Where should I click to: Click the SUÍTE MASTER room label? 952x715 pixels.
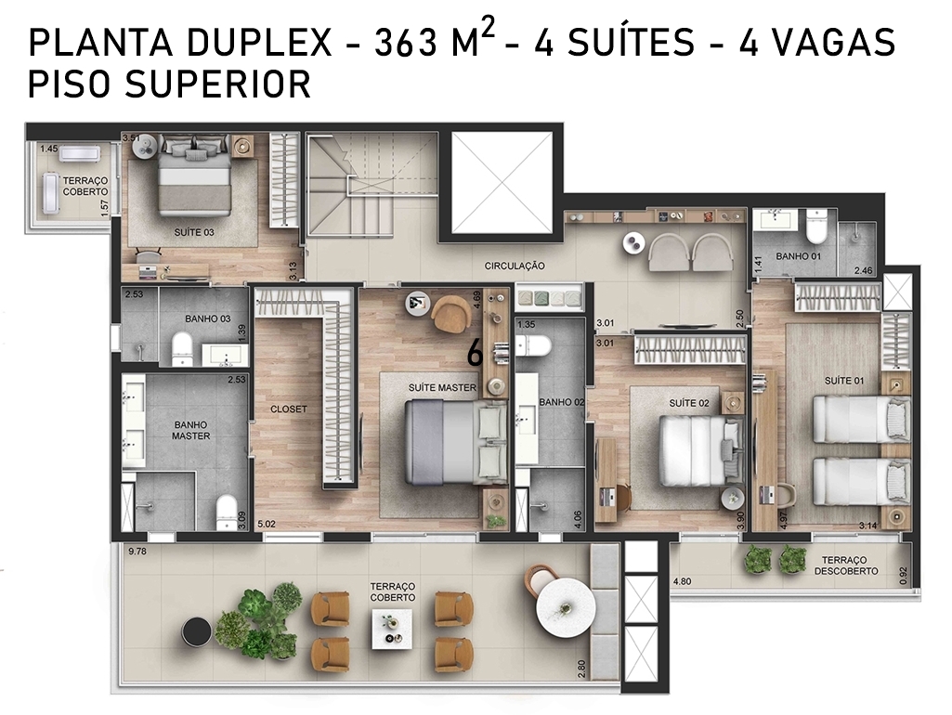click(442, 387)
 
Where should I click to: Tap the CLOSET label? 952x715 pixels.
click(289, 409)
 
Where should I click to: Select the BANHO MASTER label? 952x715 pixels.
click(190, 430)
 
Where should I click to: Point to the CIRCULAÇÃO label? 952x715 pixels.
click(515, 266)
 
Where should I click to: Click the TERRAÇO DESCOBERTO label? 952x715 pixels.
click(846, 565)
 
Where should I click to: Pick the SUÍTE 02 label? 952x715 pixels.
click(689, 403)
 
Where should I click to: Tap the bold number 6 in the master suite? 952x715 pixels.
click(475, 353)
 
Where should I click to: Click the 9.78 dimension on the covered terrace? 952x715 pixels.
click(138, 552)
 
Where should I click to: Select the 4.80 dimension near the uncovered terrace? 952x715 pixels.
click(682, 581)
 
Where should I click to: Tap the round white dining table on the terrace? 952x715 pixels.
click(564, 607)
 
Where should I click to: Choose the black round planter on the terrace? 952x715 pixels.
click(197, 632)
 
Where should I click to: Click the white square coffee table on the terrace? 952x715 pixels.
click(392, 630)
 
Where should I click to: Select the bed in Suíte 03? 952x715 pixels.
click(194, 176)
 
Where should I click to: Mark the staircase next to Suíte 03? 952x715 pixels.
click(372, 183)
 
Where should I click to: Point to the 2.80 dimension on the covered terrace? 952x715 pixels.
click(581, 669)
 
